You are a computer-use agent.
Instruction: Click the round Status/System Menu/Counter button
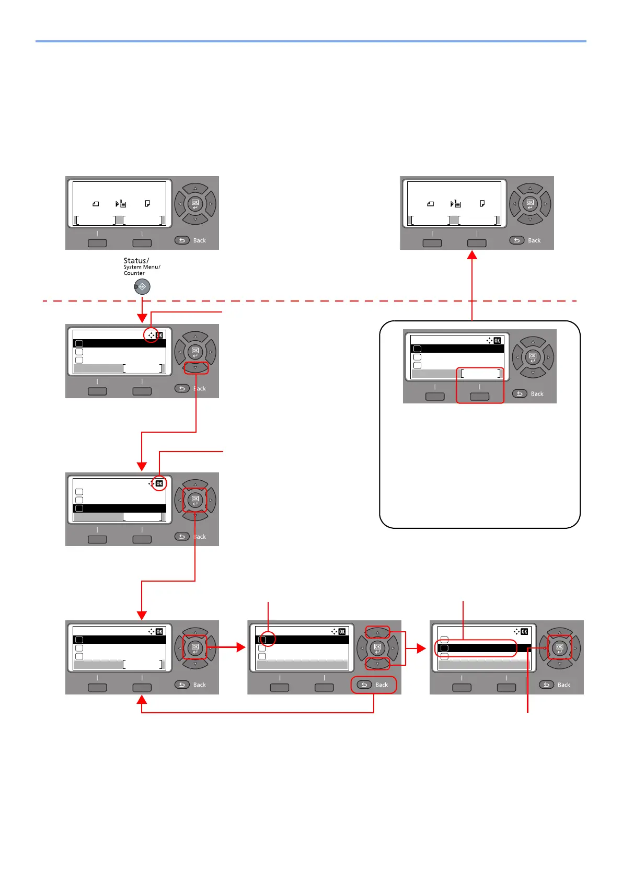tap(142, 286)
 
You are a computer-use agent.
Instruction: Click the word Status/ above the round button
tap(136, 260)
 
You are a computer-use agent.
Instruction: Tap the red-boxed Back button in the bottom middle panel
tap(374, 685)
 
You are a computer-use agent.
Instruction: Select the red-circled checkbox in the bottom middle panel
tap(262, 640)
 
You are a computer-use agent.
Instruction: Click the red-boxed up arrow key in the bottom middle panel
tap(377, 633)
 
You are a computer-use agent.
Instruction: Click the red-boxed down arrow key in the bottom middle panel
tap(377, 664)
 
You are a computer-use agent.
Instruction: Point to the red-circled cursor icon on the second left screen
tap(151, 335)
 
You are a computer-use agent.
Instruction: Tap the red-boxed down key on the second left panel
tap(195, 368)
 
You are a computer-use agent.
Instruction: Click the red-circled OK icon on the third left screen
tap(159, 484)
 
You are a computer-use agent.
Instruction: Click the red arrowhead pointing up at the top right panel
tap(472, 255)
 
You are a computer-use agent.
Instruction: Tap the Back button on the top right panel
tap(527, 240)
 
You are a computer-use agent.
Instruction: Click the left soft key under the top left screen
tap(97, 243)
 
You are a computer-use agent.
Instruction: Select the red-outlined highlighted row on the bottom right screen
tap(476, 648)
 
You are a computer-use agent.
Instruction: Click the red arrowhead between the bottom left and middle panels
tap(241, 647)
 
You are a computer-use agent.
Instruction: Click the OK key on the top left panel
tap(195, 204)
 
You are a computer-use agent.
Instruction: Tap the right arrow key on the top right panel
tap(546, 204)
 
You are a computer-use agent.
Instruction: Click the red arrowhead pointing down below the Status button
tap(142, 318)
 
